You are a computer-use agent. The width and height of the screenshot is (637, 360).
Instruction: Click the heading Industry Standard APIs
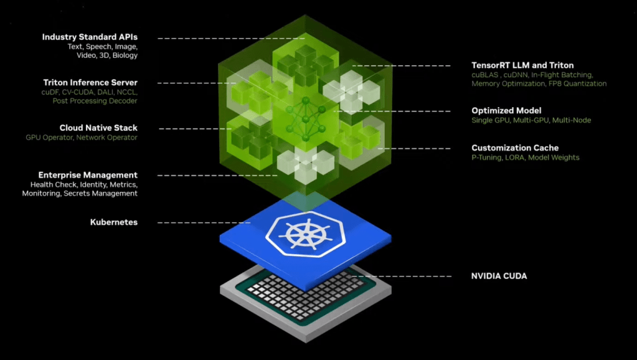[90, 37]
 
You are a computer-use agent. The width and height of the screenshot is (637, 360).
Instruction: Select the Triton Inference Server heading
[90, 83]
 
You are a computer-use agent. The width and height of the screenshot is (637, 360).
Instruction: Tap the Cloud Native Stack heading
[98, 128]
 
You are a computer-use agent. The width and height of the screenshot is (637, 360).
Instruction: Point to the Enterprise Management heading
[88, 176]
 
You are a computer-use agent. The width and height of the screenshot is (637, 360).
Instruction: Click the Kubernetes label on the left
[114, 222]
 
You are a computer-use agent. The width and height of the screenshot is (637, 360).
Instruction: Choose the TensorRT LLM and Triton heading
[522, 65]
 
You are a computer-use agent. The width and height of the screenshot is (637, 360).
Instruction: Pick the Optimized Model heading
[506, 111]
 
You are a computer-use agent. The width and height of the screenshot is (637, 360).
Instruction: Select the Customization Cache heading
[515, 148]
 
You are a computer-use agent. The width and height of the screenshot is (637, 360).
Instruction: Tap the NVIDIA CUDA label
[499, 276]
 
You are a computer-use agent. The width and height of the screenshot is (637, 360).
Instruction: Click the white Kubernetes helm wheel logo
[305, 234]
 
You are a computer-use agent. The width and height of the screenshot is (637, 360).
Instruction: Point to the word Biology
[125, 55]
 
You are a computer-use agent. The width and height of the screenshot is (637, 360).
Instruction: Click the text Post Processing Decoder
[95, 101]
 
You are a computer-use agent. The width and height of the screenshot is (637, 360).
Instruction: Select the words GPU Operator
[49, 138]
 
